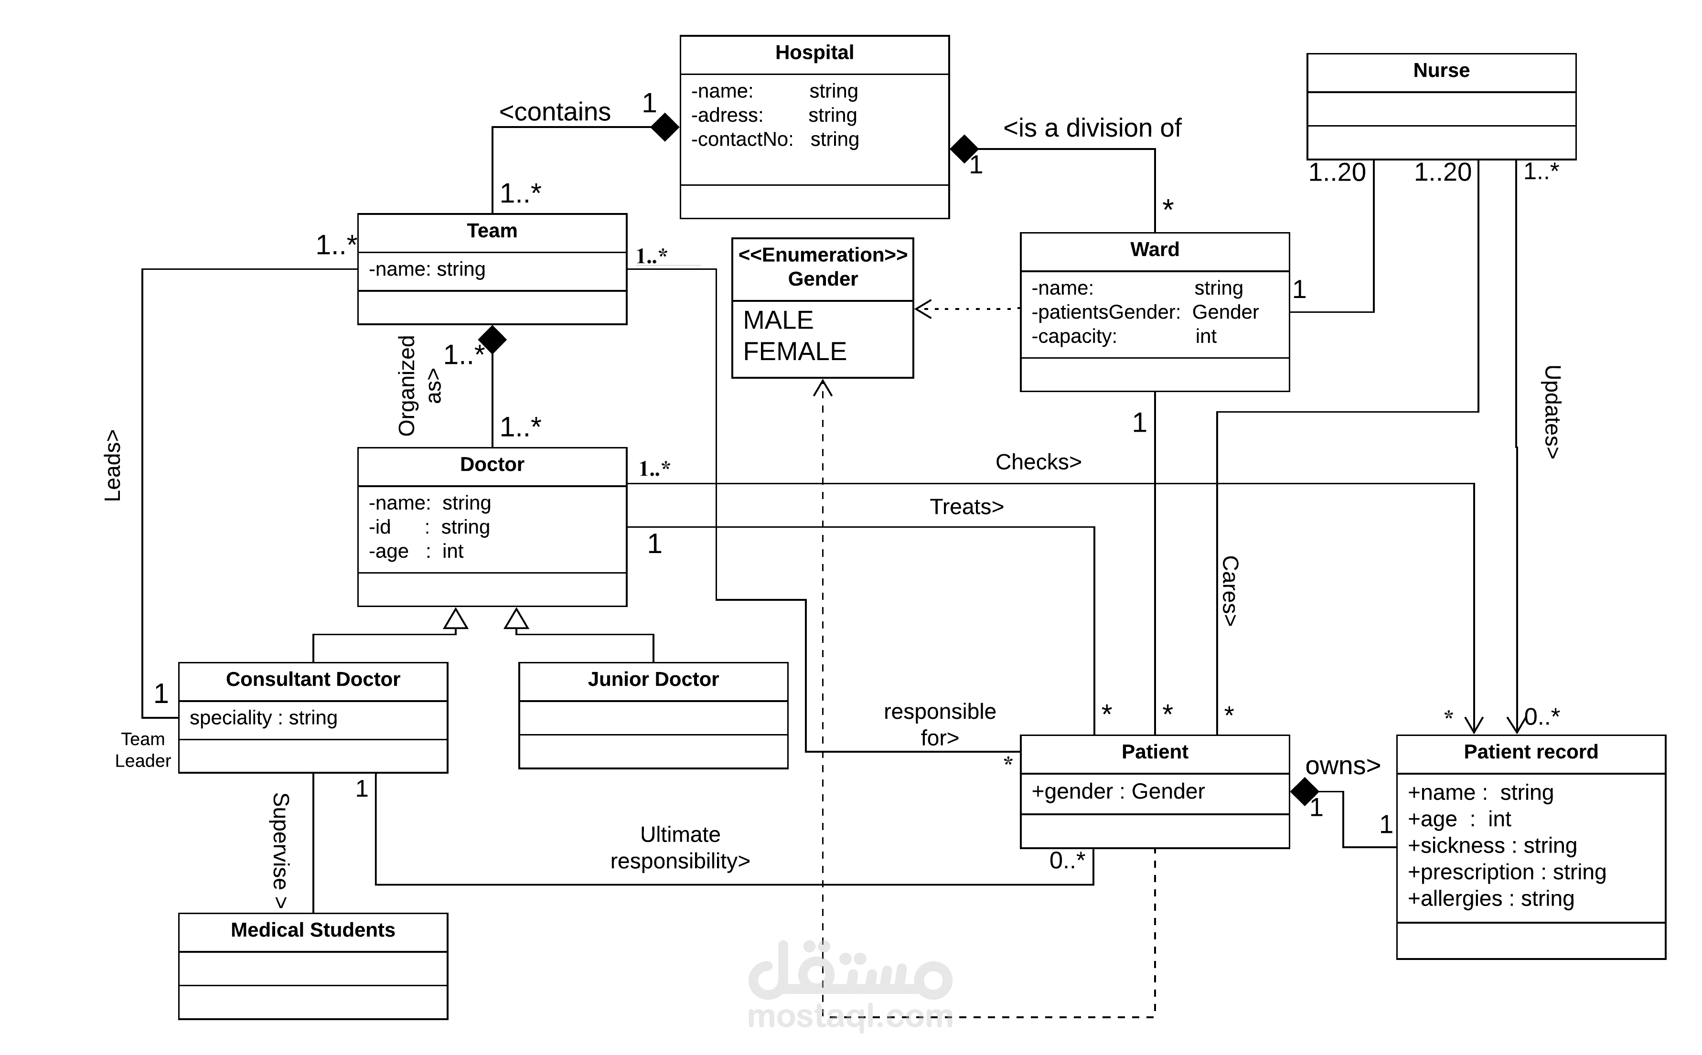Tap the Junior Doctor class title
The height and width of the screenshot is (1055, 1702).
tap(653, 679)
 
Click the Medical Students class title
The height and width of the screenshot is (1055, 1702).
tap(312, 929)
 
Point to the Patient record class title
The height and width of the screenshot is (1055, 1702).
tap(1531, 751)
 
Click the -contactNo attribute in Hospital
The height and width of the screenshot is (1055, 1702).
tap(775, 139)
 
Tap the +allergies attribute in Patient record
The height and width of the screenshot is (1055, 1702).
tap(1490, 899)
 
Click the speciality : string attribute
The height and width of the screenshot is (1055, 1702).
tap(263, 717)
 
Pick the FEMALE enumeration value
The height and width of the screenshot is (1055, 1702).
tap(794, 351)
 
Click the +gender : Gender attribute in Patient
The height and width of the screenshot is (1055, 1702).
tap(1117, 791)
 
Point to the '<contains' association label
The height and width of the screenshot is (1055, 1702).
tap(555, 112)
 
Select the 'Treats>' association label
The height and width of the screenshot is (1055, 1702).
tap(966, 507)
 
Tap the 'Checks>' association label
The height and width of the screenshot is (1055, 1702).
tap(1038, 462)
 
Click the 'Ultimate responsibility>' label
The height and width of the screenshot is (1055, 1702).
tap(680, 848)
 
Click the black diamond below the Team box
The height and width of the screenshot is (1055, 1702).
tap(492, 339)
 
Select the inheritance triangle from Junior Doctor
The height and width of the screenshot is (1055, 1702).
tap(516, 619)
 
